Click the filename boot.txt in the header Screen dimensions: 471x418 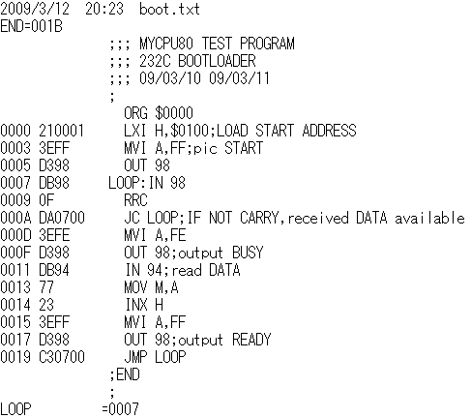pos(169,9)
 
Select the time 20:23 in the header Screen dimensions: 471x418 pos(104,9)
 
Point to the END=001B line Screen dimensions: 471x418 pos(31,26)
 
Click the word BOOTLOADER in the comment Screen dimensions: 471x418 pos(217,61)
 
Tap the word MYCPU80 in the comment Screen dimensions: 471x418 pos(166,44)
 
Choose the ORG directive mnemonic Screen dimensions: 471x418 pos(135,113)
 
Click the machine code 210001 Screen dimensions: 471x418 pos(62,131)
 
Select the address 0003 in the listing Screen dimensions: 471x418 pos(15,148)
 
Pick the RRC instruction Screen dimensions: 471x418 pos(135,200)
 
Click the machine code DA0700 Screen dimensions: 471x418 pos(62,218)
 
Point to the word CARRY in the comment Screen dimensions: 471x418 pos(259,218)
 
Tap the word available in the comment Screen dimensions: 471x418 pos(429,218)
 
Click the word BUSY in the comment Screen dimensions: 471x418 pos(248,253)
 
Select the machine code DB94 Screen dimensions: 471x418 pos(54,270)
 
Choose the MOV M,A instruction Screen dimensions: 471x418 pos(151,287)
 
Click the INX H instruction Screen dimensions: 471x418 pos(144,305)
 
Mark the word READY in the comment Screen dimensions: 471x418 pos(251,340)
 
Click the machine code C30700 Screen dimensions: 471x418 pos(62,357)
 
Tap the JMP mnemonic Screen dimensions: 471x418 pos(135,357)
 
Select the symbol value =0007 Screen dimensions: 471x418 pos(120,409)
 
